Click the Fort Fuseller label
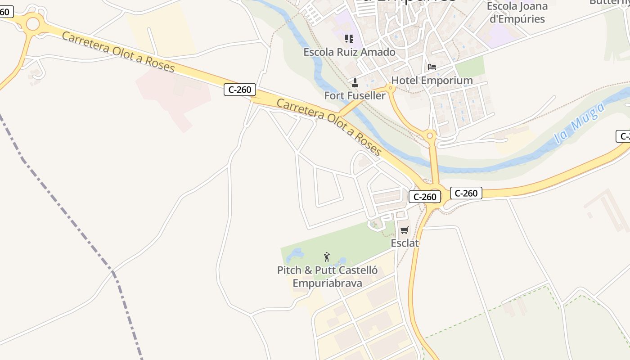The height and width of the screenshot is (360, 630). point(355,95)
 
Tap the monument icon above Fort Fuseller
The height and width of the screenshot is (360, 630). point(355,83)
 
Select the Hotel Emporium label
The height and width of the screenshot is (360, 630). point(432,81)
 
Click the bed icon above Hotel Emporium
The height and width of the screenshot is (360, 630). point(432,67)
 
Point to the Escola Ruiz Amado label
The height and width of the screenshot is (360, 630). point(349,52)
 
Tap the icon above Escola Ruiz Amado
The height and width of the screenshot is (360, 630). point(349,39)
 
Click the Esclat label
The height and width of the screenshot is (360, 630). point(405,243)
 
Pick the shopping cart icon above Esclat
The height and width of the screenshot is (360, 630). point(404,230)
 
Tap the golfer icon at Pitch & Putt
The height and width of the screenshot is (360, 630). point(327,257)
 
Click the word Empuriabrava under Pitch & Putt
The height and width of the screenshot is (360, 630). point(327,283)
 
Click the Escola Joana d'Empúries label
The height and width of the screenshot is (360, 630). point(517,13)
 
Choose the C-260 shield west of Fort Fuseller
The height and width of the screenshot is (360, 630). point(240,90)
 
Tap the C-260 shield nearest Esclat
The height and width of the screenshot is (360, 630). point(425,197)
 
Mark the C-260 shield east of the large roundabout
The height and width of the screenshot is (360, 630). point(466,193)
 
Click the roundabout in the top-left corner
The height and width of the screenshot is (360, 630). point(33,23)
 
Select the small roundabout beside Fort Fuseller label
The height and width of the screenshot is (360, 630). point(390,88)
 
